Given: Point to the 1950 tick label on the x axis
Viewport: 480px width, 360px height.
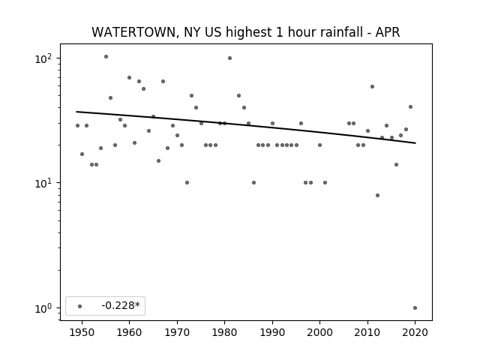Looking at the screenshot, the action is pos(82,332).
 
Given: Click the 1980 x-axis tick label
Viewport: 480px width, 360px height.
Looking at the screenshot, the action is pos(225,332).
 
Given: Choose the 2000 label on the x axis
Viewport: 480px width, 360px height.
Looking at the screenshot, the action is pos(320,332).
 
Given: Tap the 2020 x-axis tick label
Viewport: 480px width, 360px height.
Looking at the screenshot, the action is pos(415,332).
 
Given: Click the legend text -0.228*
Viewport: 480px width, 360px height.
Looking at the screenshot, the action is pos(121,305).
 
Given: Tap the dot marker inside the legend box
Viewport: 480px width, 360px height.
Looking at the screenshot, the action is pos(80,306).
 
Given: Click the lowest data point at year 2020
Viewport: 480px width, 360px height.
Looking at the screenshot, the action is pos(415,308).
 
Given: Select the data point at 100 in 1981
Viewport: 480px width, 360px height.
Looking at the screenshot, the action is pos(230,58).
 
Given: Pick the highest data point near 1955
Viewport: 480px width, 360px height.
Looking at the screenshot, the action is pos(106,57).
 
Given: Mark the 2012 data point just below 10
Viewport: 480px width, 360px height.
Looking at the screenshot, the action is pos(377,195).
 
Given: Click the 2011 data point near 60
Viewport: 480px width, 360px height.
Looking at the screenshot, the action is pos(372,87).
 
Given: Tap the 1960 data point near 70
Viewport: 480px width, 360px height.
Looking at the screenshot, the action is pos(130,78).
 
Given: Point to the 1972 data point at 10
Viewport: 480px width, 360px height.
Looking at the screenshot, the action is pos(187,183).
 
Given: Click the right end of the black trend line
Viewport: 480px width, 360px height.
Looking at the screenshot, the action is pos(415,143).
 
